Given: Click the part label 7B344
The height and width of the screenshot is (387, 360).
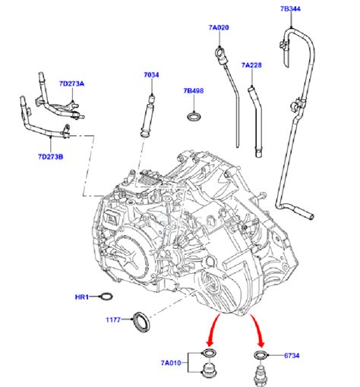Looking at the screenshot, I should point(290,9).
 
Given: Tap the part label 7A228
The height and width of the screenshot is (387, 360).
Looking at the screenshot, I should point(251,65).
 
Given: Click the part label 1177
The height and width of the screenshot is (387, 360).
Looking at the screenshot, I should point(115,321).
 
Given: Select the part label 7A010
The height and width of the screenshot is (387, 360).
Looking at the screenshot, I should point(172,363).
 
